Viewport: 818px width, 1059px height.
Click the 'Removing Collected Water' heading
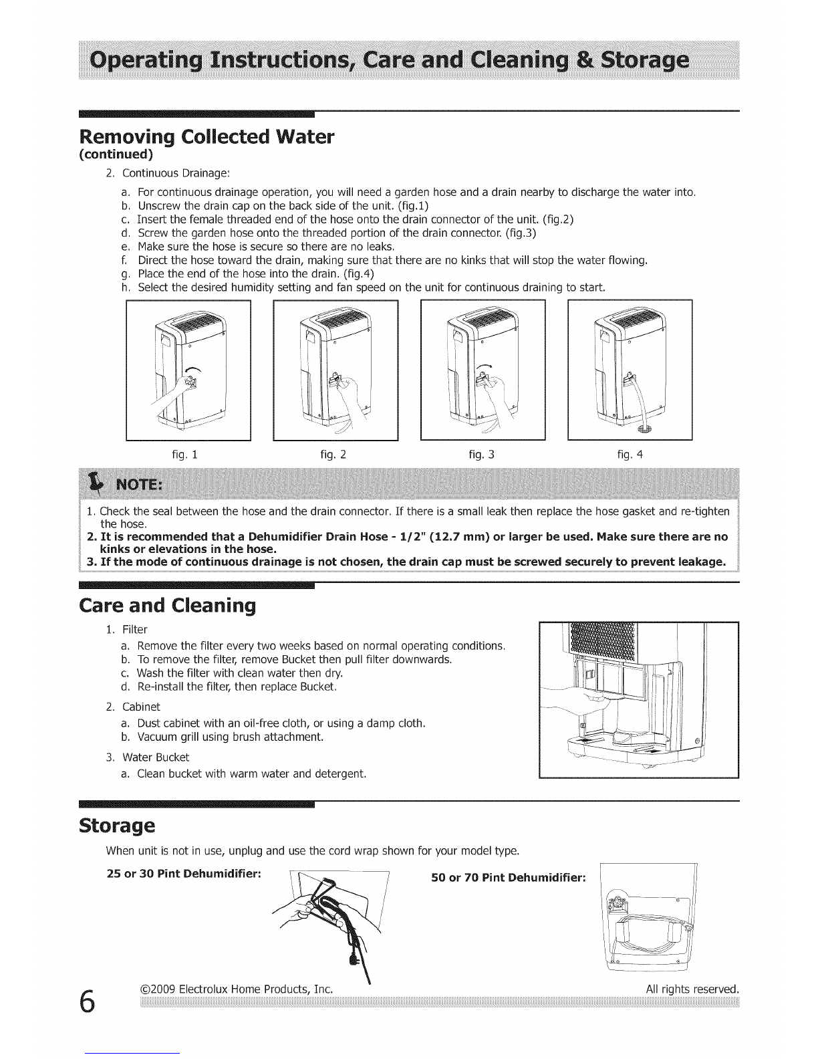pos(207,137)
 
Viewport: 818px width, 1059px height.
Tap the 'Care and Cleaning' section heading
pos(167,606)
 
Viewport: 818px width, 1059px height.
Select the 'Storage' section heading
pos(117,826)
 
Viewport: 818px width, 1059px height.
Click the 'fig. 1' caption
pos(184,455)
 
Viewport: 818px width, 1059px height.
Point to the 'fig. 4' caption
pos(630,455)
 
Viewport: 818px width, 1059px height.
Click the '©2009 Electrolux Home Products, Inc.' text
pos(237,989)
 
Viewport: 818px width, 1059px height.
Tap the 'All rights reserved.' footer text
pos(692,989)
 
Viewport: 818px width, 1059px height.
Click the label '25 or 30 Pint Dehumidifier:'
pos(184,874)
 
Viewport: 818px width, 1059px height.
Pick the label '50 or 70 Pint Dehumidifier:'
pos(509,878)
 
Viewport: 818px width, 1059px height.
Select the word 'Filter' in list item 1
pos(135,630)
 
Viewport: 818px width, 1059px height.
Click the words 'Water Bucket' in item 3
pos(156,757)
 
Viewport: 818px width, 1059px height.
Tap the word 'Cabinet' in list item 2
pos(141,707)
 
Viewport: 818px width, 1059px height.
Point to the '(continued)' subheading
pos(116,154)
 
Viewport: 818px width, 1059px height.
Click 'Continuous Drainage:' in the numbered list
pos(176,174)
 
